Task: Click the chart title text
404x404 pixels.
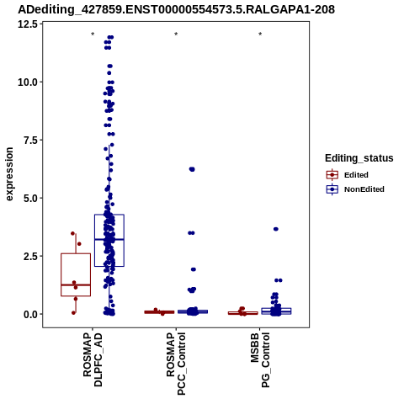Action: pos(176,9)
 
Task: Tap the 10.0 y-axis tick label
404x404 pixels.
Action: pos(28,82)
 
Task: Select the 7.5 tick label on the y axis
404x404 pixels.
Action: pos(31,140)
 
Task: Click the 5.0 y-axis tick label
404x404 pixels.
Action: pos(31,198)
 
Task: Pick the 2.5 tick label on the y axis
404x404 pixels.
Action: pos(31,256)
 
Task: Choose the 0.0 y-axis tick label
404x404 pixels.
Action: pos(31,314)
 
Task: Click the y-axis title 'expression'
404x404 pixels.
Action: pos(9,174)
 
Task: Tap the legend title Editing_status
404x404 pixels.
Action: pos(359,158)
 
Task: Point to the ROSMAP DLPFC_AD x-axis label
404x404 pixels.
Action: pos(93,359)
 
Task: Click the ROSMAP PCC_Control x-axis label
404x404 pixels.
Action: pos(176,364)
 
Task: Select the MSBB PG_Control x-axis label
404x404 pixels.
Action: pos(260,360)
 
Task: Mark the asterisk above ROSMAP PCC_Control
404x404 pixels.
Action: pos(176,35)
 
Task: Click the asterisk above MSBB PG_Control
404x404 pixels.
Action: pos(260,35)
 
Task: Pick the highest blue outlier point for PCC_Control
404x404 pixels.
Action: pos(192,169)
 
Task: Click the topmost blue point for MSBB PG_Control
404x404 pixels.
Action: pos(276,229)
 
